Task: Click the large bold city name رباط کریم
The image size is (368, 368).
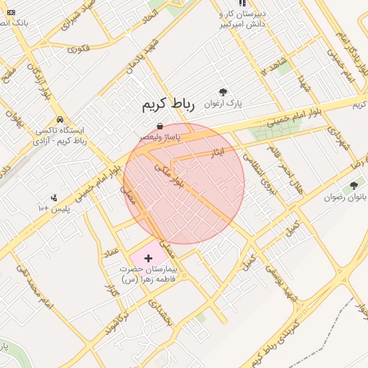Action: [167, 106]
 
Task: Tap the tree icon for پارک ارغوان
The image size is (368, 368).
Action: [223, 92]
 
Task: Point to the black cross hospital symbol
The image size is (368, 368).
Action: [149, 257]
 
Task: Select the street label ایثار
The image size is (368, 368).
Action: [217, 153]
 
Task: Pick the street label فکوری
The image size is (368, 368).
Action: [78, 49]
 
